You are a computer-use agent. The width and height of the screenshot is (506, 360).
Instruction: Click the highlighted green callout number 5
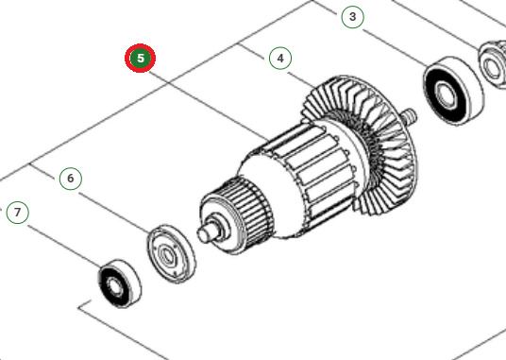tap(141, 59)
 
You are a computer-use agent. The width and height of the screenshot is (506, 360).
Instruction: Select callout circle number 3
tap(352, 17)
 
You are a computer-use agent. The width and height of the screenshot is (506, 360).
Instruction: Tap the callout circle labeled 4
tap(278, 59)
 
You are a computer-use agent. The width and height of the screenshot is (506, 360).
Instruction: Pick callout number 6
tap(69, 178)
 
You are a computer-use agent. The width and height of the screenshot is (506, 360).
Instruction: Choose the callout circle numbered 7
tap(17, 213)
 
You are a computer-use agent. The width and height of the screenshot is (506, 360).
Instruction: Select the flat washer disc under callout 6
tap(170, 252)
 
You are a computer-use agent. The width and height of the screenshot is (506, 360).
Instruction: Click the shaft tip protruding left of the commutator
tap(202, 230)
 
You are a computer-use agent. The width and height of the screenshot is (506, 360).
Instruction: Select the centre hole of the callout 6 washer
tap(170, 252)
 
